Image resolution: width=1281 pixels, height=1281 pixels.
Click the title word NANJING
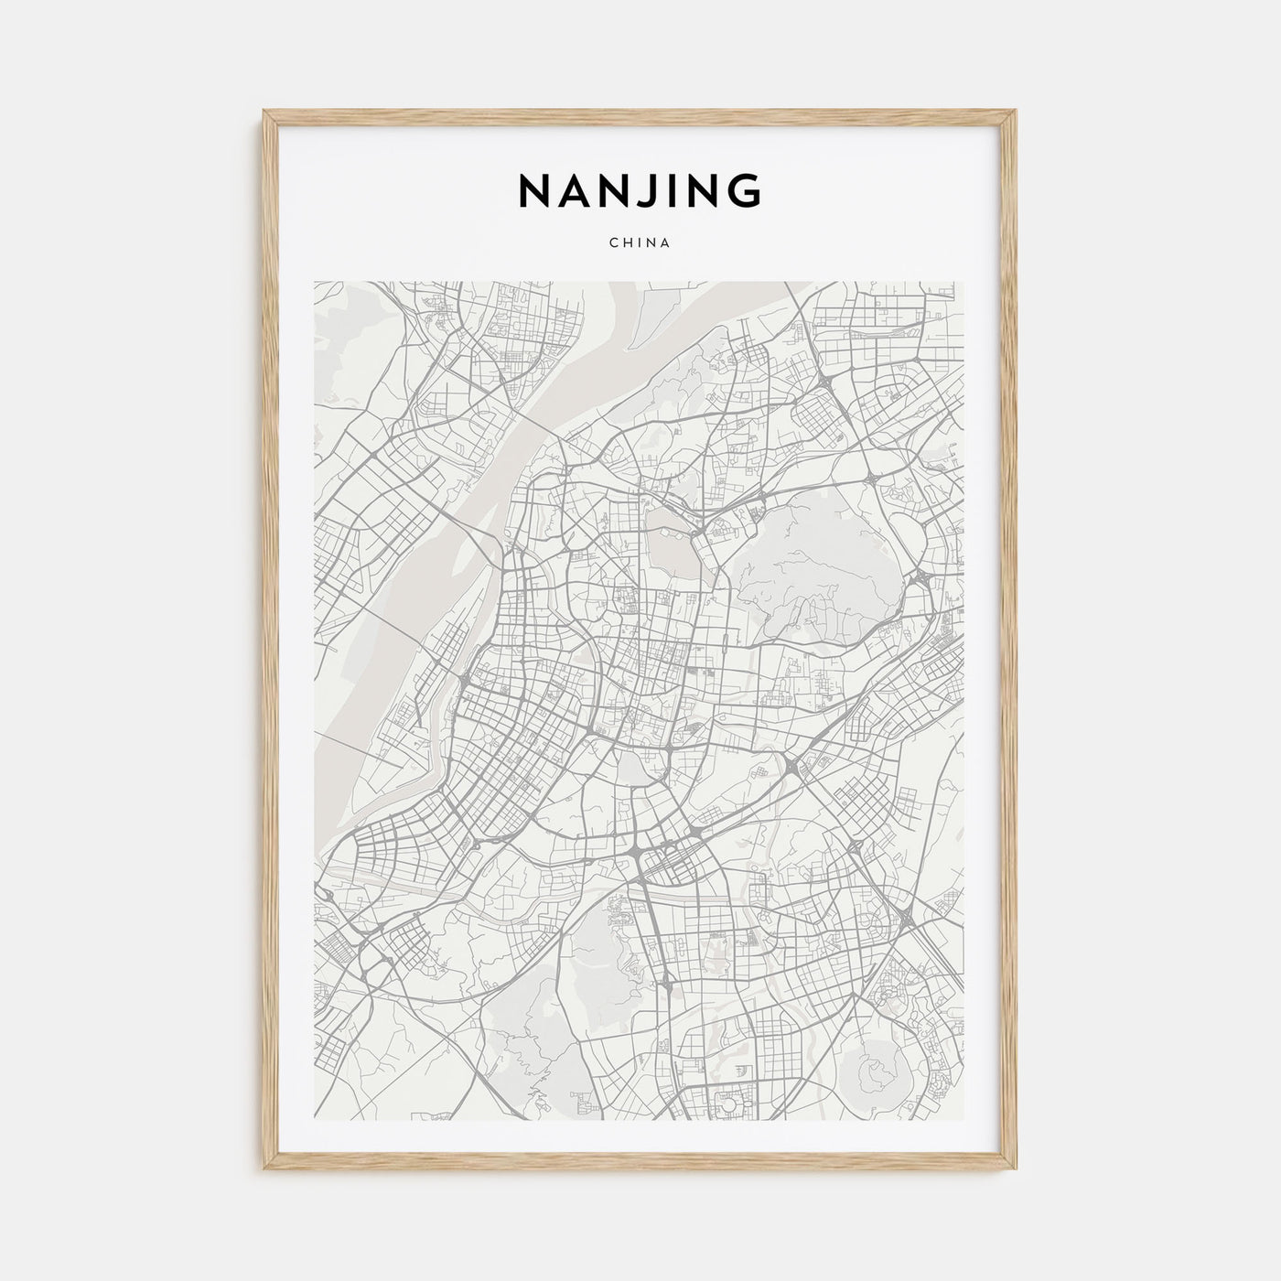pos(640,190)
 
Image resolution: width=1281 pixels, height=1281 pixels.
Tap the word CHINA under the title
pos(640,243)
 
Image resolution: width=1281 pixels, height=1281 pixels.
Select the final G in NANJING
pos(744,190)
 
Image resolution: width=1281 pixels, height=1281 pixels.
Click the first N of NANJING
pos(533,190)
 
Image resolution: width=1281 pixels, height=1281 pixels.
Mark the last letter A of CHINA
pos(667,243)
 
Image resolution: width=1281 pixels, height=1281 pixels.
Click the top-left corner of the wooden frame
pos(265,112)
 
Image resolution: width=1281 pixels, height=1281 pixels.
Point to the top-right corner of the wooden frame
pos(1016,112)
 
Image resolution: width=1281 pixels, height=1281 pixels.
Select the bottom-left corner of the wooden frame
pos(265,1171)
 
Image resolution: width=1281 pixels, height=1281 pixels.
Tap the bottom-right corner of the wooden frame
pos(1016,1171)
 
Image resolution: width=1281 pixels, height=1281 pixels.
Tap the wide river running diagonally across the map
pos(430,567)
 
